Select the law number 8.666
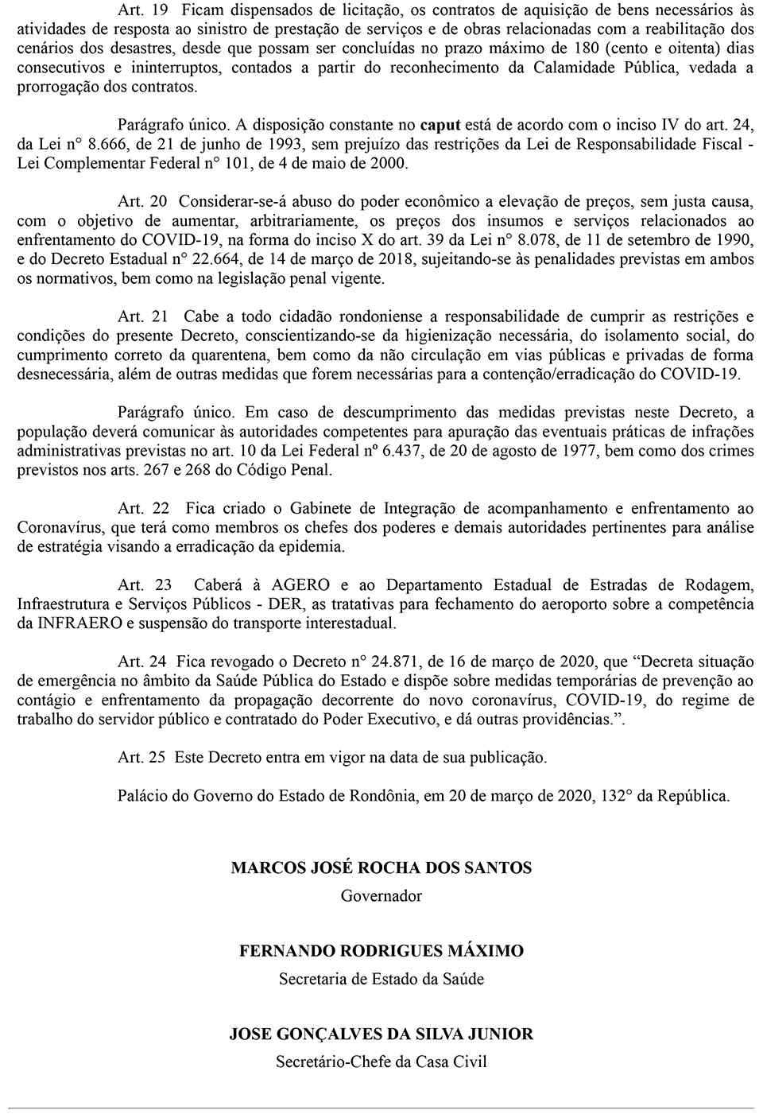(x=106, y=144)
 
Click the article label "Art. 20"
(x=142, y=202)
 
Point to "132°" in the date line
(x=612, y=796)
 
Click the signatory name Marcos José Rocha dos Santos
(x=381, y=868)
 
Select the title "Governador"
(x=381, y=896)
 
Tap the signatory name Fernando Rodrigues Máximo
(x=381, y=952)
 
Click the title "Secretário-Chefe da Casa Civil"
(x=381, y=1062)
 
